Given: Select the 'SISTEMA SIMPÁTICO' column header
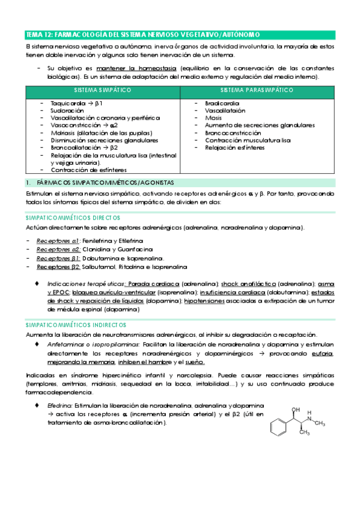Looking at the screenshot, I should point(103,90).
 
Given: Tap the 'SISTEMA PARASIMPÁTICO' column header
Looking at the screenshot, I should point(257,90).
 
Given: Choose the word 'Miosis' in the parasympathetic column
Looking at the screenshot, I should point(213,118).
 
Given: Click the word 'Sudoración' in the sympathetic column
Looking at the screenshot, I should point(67,111).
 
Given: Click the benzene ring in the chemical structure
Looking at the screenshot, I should point(278,431).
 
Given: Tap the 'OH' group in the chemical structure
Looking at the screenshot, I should point(294,410).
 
